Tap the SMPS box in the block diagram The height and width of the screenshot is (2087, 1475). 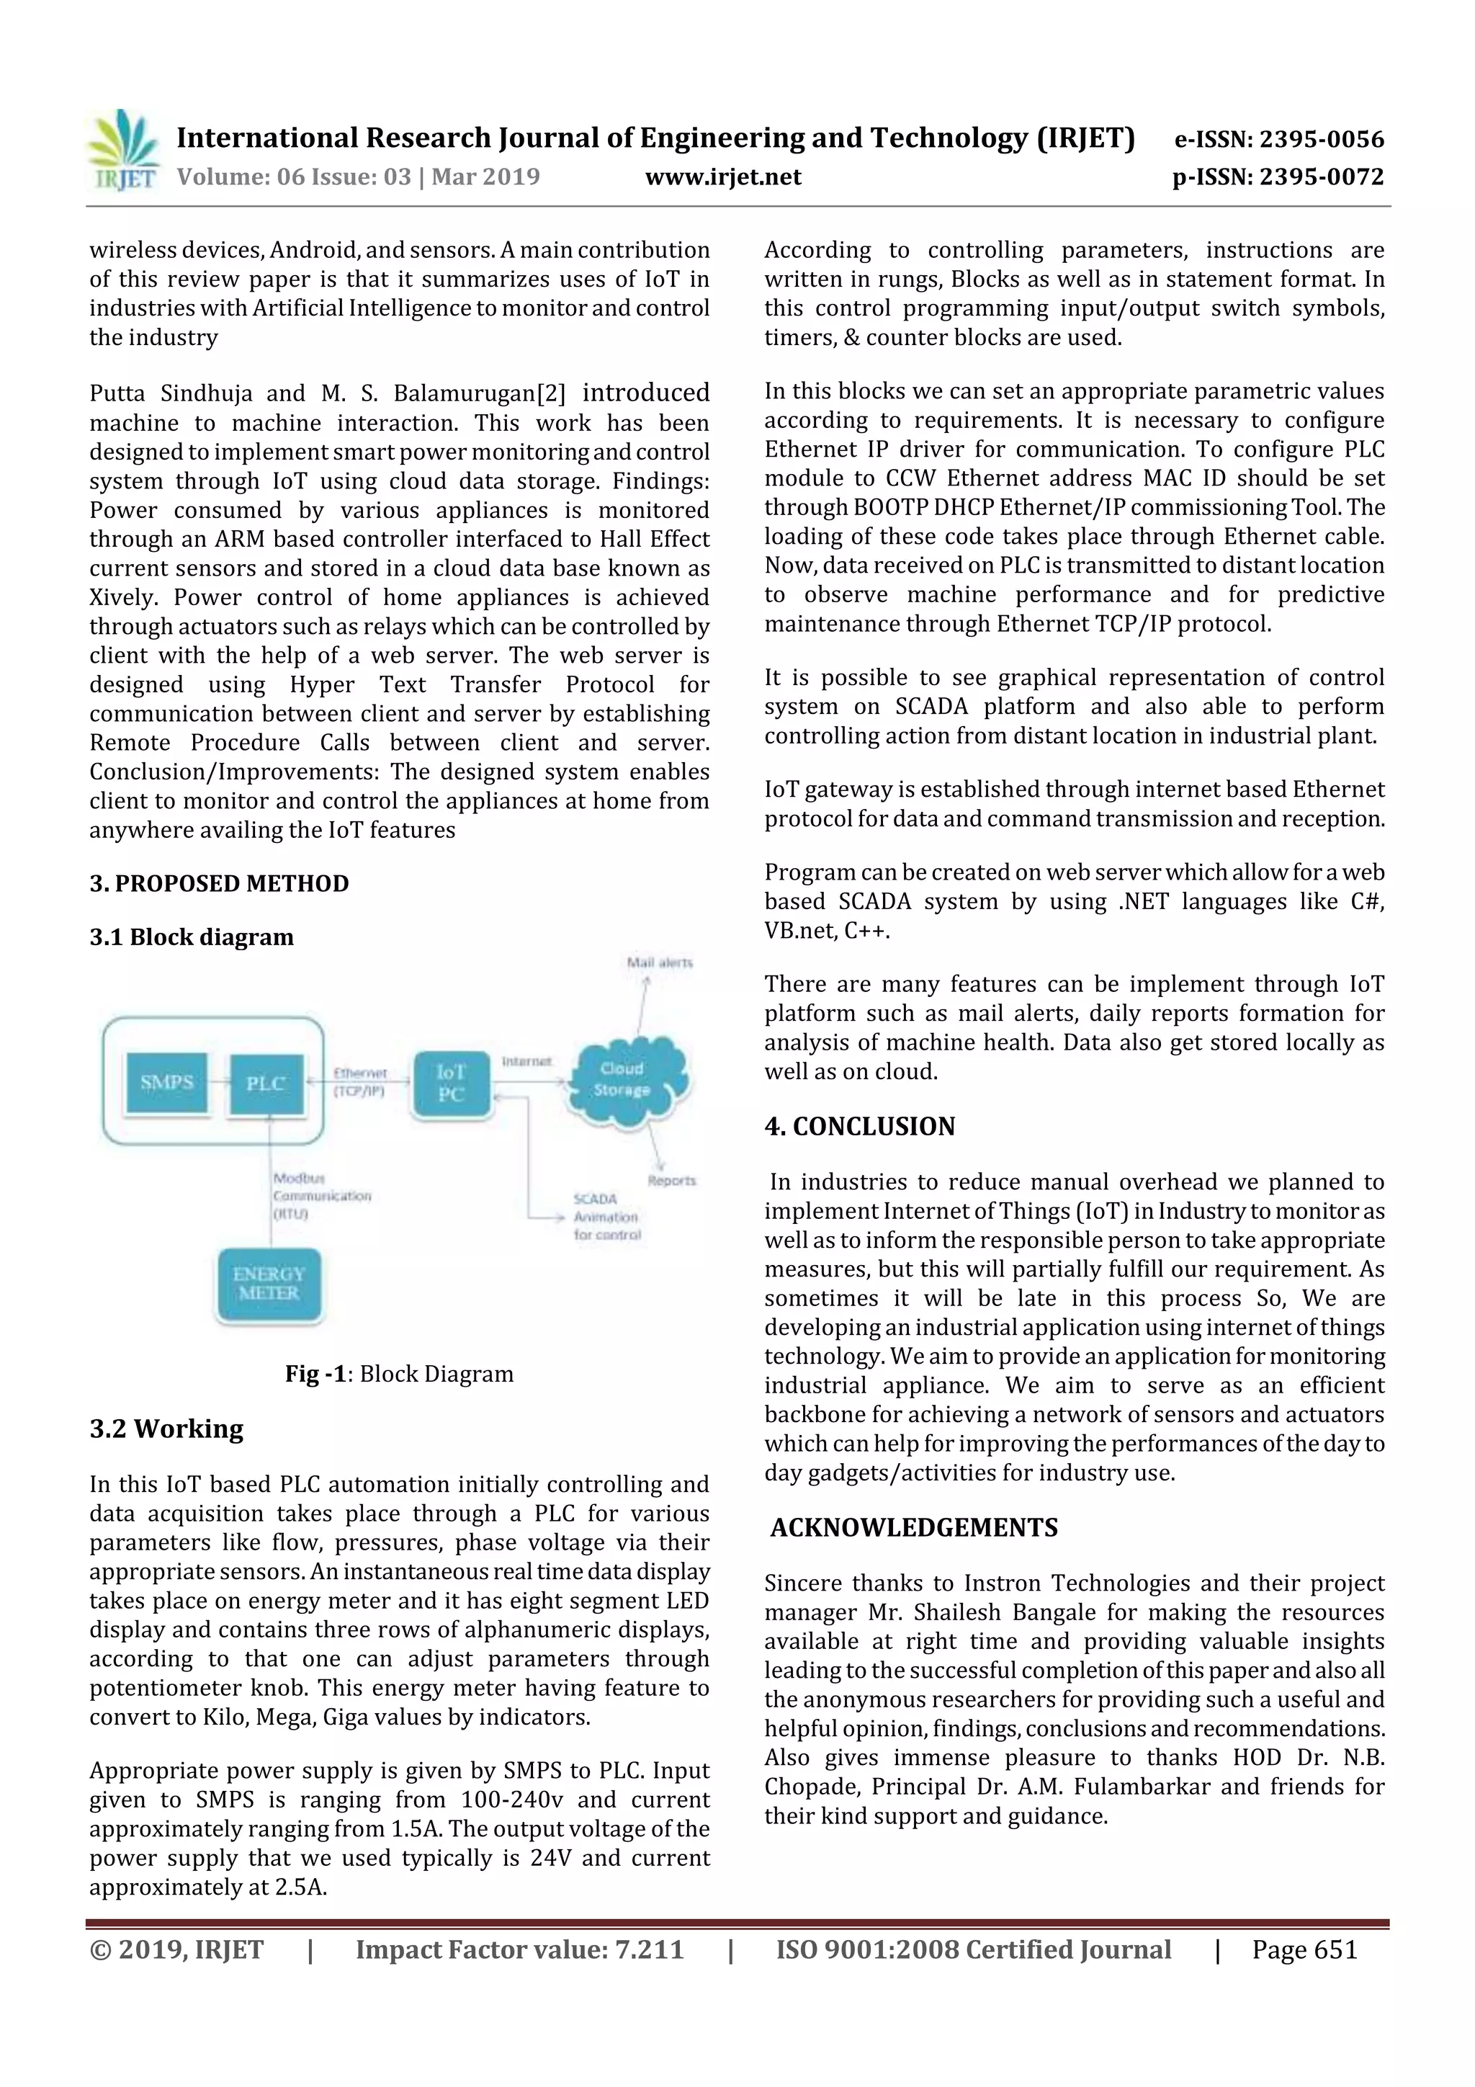(167, 1083)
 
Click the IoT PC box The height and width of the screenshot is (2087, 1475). (451, 1083)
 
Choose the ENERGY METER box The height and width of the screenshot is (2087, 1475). (269, 1284)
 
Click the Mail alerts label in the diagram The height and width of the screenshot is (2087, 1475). (660, 962)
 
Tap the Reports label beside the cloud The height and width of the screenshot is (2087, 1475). (672, 1181)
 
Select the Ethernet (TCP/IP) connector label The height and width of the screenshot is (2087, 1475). (360, 1081)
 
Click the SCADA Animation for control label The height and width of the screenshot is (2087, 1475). (606, 1217)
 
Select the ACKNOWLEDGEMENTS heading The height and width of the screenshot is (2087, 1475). (914, 1527)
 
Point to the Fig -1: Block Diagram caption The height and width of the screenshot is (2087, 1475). (399, 1374)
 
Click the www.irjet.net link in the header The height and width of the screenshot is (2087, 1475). (722, 177)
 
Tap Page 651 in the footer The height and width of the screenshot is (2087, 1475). (1304, 1949)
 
